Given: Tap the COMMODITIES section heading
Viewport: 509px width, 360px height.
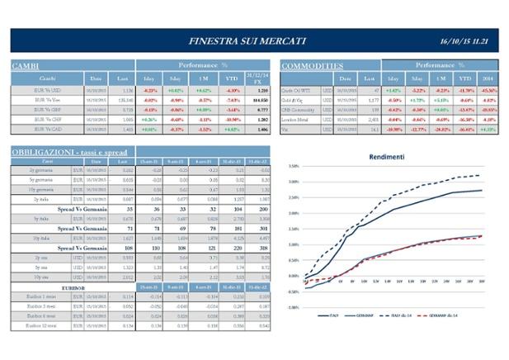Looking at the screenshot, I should [x=313, y=65].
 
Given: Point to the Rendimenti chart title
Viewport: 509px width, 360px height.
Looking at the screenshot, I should [x=387, y=156].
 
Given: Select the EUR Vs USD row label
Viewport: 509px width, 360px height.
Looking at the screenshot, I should [x=36, y=89].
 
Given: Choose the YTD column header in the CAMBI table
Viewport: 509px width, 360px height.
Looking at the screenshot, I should [x=232, y=78].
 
